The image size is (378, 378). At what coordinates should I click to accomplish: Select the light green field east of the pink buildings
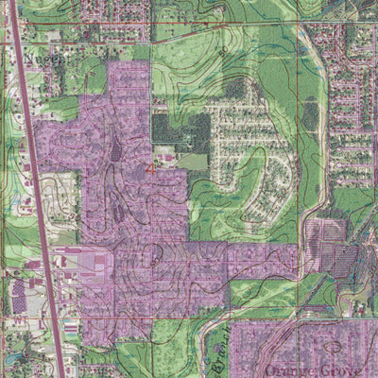point(193,162)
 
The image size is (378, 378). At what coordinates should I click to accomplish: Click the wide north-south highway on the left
point(33,189)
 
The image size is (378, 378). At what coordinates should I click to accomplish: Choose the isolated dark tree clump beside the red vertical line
point(309,115)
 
